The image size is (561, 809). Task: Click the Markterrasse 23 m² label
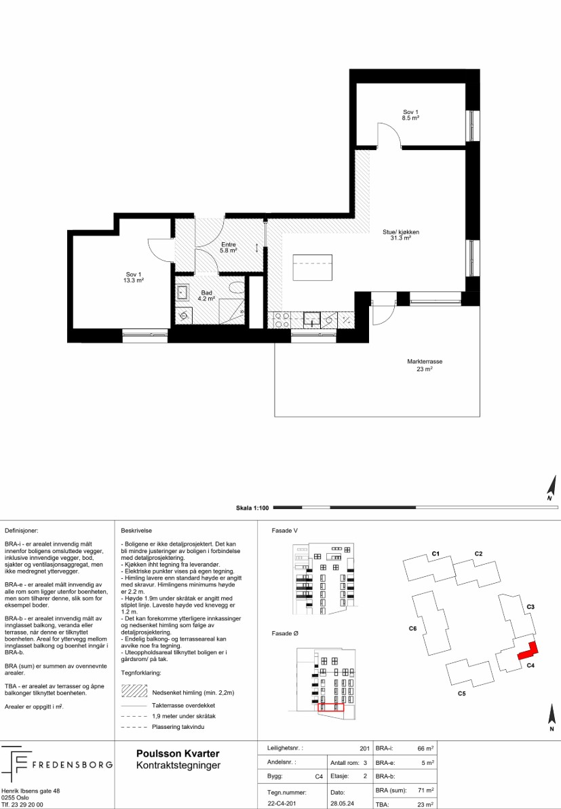pos(425,365)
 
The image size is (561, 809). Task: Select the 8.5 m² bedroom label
pos(410,115)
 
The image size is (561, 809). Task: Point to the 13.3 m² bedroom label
pos(133,277)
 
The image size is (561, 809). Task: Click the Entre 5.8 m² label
pos(229,248)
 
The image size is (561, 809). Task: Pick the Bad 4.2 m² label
pos(206,296)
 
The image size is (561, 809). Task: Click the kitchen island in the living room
pos(313,267)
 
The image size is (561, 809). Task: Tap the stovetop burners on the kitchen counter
pos(282,320)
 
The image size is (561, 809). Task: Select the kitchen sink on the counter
pos(312,320)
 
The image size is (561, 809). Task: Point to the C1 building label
pos(436,554)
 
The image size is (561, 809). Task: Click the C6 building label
pos(412,628)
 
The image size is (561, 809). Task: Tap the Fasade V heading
pos(285,530)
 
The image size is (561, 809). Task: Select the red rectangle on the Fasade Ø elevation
pos(330,707)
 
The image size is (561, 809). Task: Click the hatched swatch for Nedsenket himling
pos(134,691)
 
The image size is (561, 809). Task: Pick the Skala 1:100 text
pos(252,508)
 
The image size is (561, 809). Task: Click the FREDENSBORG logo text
pos(72,764)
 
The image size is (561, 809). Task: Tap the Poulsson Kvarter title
pos(178,754)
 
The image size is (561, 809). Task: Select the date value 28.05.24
pos(343,804)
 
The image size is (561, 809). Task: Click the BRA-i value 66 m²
pos(425,748)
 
